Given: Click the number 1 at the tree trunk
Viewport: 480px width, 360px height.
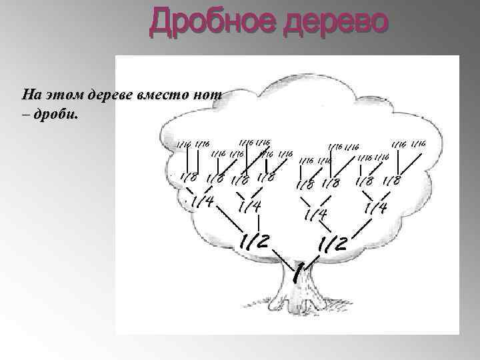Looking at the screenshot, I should (x=300, y=271).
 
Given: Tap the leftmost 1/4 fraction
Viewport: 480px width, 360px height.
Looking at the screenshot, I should (x=201, y=201).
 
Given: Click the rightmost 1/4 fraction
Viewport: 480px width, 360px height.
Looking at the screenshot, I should (x=375, y=209).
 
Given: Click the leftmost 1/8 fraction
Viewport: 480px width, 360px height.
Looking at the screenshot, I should (x=187, y=178).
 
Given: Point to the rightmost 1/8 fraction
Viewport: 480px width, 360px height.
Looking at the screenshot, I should (x=391, y=180).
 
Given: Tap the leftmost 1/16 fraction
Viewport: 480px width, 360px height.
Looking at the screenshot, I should (x=183, y=143).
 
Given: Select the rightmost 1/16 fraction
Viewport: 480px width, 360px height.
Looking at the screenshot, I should (x=419, y=144).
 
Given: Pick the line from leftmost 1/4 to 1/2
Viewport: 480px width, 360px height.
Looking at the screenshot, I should (x=227, y=220).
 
